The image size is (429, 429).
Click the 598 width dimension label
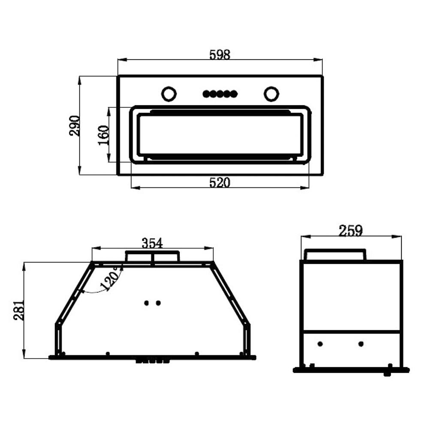click(220, 55)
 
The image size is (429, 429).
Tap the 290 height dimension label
click(74, 126)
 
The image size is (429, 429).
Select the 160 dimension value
click(104, 135)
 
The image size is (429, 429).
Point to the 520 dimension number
click(220, 182)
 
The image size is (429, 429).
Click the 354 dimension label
click(152, 243)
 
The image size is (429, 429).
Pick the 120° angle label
click(110, 279)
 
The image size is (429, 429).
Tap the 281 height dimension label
click(19, 310)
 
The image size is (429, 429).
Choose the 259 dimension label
click(350, 231)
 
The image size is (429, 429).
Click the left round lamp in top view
click(169, 94)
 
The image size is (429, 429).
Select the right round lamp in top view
click(272, 94)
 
